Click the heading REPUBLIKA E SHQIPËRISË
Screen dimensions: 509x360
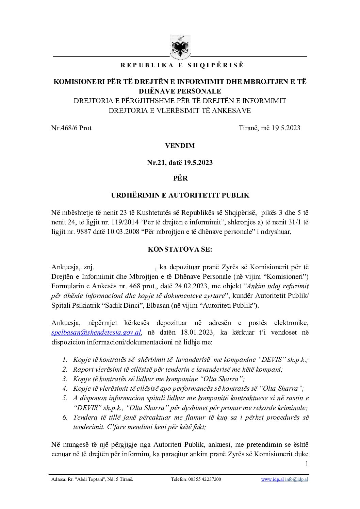[182, 65]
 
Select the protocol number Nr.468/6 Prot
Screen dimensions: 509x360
[71, 128]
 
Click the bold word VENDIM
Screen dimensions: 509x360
[180, 146]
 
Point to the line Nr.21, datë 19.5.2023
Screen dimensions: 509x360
[180, 163]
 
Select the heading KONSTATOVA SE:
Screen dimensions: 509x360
[180, 249]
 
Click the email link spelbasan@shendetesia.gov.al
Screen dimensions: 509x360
[96, 333]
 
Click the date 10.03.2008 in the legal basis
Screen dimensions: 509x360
[121, 232]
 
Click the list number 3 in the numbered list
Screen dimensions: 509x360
[65, 379]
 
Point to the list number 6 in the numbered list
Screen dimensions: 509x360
[65, 417]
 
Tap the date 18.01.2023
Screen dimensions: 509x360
[196, 333]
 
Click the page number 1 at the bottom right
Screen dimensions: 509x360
[307, 464]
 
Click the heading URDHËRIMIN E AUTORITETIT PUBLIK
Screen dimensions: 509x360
[180, 195]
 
